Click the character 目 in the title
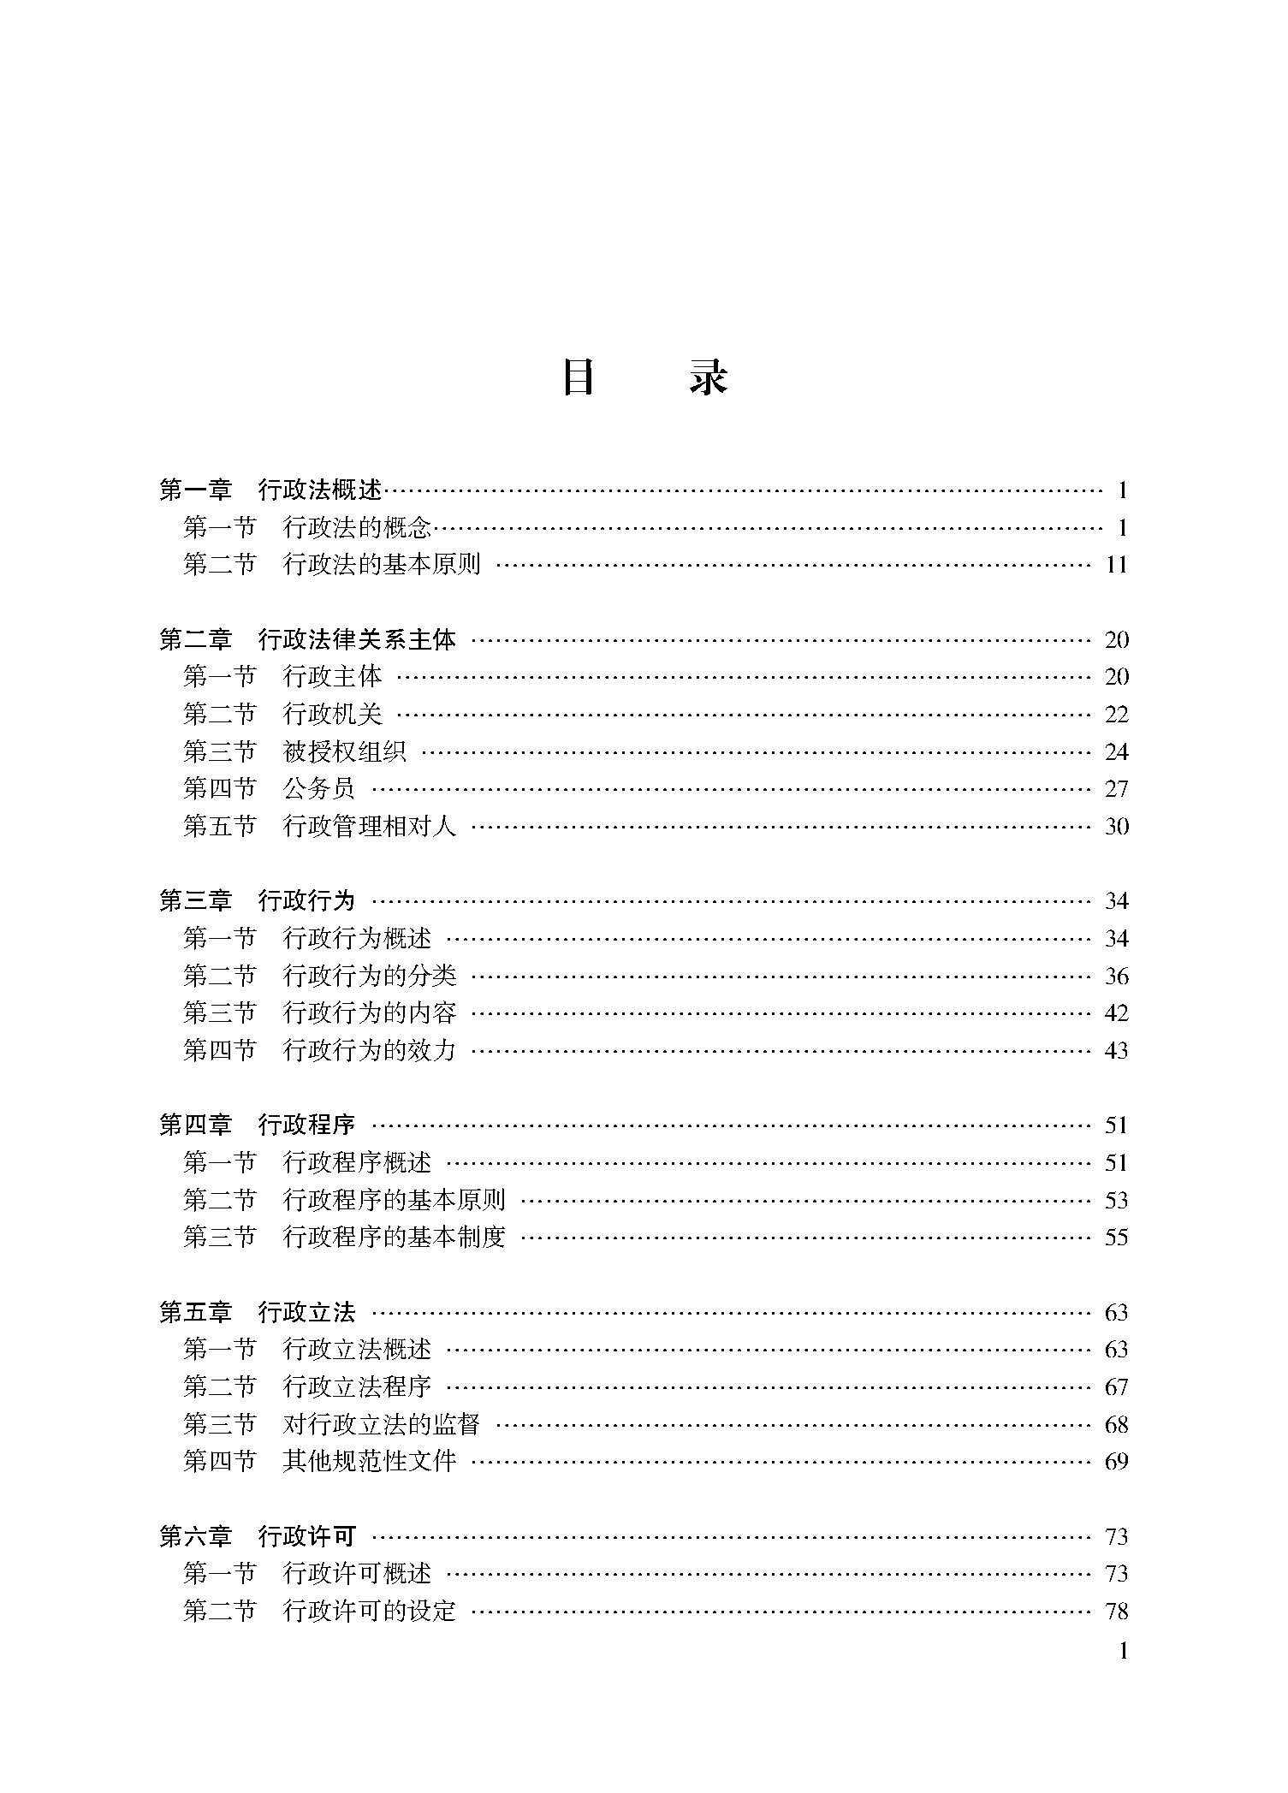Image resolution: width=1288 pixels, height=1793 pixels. (x=579, y=377)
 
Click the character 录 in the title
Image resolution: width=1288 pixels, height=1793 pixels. (x=709, y=377)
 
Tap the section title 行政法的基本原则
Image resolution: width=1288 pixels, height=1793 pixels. (x=382, y=565)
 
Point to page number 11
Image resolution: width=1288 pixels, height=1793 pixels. (x=1116, y=565)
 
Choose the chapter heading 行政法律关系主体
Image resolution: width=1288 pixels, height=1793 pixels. (x=357, y=640)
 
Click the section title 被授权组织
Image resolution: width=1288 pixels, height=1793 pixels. (x=344, y=752)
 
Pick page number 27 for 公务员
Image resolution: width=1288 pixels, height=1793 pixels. (x=1116, y=789)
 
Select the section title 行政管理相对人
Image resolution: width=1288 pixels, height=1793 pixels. (x=370, y=827)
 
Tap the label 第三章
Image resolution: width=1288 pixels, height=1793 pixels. (x=196, y=901)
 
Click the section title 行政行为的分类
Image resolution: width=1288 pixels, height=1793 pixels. (x=370, y=977)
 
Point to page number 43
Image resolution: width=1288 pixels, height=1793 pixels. (x=1116, y=1051)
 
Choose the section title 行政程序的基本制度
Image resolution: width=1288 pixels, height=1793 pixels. (x=394, y=1238)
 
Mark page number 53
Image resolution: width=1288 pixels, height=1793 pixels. (x=1116, y=1201)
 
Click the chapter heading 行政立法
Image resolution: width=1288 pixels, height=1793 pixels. (x=307, y=1313)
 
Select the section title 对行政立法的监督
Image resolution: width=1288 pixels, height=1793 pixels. (x=382, y=1425)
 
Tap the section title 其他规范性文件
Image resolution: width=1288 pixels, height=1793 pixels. (x=370, y=1462)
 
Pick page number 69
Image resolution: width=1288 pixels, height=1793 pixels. (x=1116, y=1462)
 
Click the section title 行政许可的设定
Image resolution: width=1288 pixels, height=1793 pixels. (x=370, y=1612)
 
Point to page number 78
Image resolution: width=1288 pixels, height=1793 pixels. (x=1116, y=1612)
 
